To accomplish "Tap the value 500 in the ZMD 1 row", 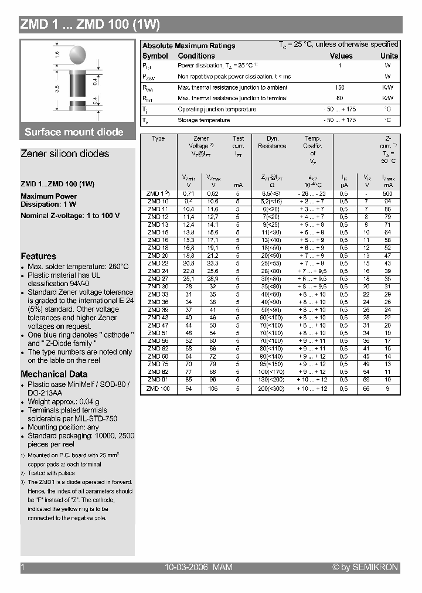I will (388, 193).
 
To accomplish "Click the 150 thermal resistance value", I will (340, 87).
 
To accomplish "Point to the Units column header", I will (389, 56).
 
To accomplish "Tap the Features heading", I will (39, 256).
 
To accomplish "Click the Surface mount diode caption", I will (74, 132).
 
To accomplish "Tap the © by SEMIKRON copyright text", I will (365, 567).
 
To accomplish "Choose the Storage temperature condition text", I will (203, 120).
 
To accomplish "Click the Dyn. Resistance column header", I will (272, 142).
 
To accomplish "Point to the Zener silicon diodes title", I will (64, 154).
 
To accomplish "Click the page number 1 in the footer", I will (23, 567).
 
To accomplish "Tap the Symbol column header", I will (155, 56).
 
